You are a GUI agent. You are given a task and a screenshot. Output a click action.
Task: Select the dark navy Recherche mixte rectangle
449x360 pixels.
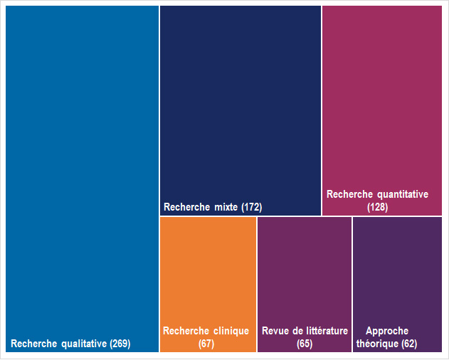(241, 107)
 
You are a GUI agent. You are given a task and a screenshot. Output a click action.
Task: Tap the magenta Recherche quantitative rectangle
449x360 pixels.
(382, 100)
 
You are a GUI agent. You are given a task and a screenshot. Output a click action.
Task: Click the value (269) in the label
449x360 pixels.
(120, 344)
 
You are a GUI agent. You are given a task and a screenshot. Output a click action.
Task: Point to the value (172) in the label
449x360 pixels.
(252, 208)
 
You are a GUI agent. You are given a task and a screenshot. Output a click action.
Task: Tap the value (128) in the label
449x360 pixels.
(377, 207)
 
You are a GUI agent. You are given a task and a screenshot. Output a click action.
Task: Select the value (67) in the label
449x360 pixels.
(206, 344)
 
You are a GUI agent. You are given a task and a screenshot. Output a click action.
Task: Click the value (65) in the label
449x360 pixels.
(305, 344)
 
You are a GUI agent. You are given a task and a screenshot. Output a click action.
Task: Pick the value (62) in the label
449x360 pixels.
(409, 344)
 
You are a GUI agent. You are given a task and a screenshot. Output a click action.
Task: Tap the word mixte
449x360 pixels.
(227, 208)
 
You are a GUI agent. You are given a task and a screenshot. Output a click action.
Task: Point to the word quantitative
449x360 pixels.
(403, 194)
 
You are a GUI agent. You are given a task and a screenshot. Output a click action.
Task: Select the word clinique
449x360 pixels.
(231, 331)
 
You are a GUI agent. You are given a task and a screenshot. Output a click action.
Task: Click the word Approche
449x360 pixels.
(387, 331)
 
